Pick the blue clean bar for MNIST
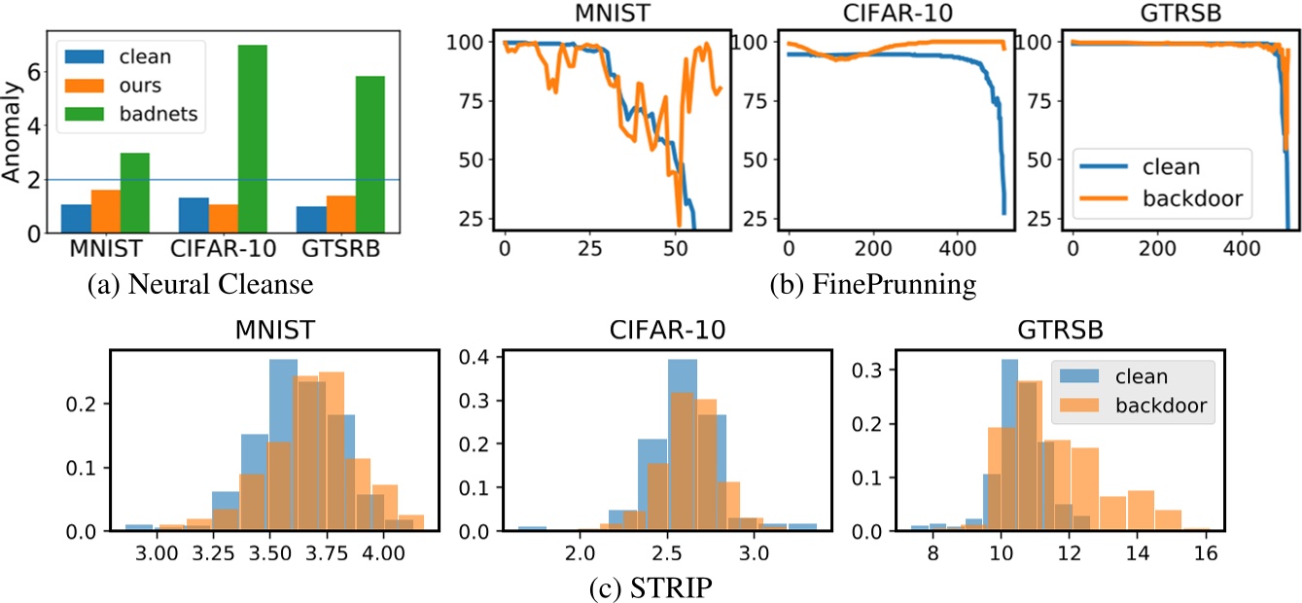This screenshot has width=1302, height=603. [77, 218]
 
